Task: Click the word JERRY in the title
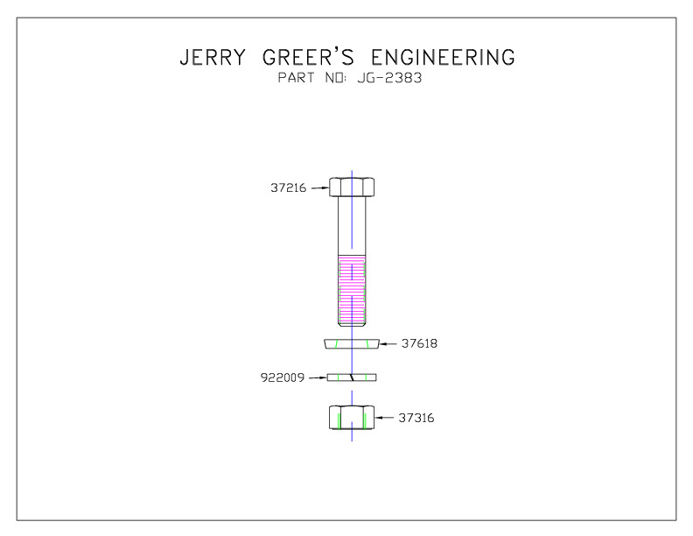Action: [x=213, y=58]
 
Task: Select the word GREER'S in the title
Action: [x=308, y=57]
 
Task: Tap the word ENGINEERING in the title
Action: [x=443, y=58]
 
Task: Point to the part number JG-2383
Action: [x=389, y=78]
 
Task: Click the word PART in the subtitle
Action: [x=296, y=78]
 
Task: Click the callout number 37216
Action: [x=288, y=188]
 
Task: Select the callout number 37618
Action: [x=419, y=343]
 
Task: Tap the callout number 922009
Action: [x=283, y=377]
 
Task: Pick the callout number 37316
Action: [x=416, y=418]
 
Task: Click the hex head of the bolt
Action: [x=352, y=187]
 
